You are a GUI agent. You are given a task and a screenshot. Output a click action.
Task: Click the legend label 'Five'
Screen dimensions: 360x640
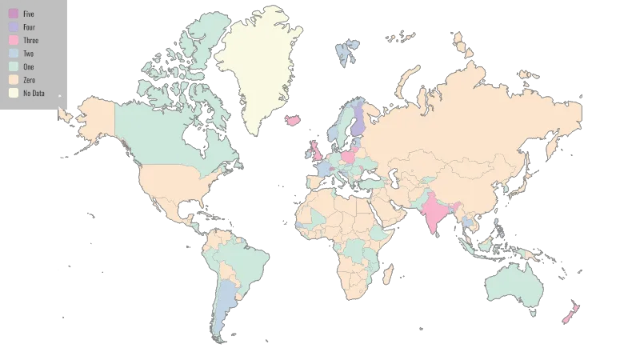pos(29,14)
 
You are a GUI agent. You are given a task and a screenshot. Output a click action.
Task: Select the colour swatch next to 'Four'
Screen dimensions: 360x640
pos(14,27)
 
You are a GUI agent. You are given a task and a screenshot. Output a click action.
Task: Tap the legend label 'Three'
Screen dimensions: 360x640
pos(30,40)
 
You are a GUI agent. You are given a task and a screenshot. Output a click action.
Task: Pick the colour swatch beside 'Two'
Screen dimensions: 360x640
pos(14,54)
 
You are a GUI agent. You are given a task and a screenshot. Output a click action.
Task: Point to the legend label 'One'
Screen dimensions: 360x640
pos(28,66)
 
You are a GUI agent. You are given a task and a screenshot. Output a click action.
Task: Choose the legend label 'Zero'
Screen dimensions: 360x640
pos(29,80)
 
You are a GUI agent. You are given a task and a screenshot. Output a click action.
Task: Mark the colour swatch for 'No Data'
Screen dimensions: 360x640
pos(14,93)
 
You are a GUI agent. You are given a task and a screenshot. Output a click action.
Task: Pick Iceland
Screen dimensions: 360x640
pos(293,120)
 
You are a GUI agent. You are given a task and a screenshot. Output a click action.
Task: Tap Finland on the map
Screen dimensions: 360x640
pos(361,120)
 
